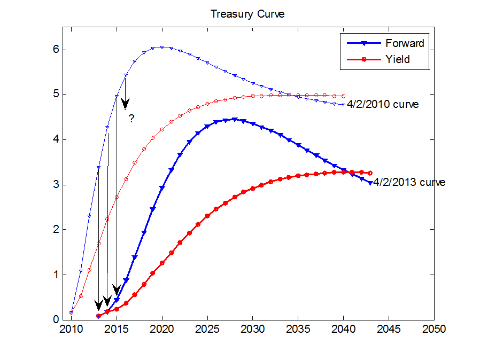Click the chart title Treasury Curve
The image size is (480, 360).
(247, 14)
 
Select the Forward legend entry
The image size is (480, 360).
(404, 43)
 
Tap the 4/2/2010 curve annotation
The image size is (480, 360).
(383, 105)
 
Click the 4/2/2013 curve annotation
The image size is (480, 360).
(409, 182)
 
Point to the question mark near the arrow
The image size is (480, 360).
(130, 119)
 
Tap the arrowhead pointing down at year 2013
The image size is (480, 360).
(98, 304)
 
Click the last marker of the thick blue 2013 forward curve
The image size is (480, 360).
(370, 183)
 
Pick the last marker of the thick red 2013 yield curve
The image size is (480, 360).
(370, 173)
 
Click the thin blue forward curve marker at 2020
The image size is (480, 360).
(162, 48)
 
